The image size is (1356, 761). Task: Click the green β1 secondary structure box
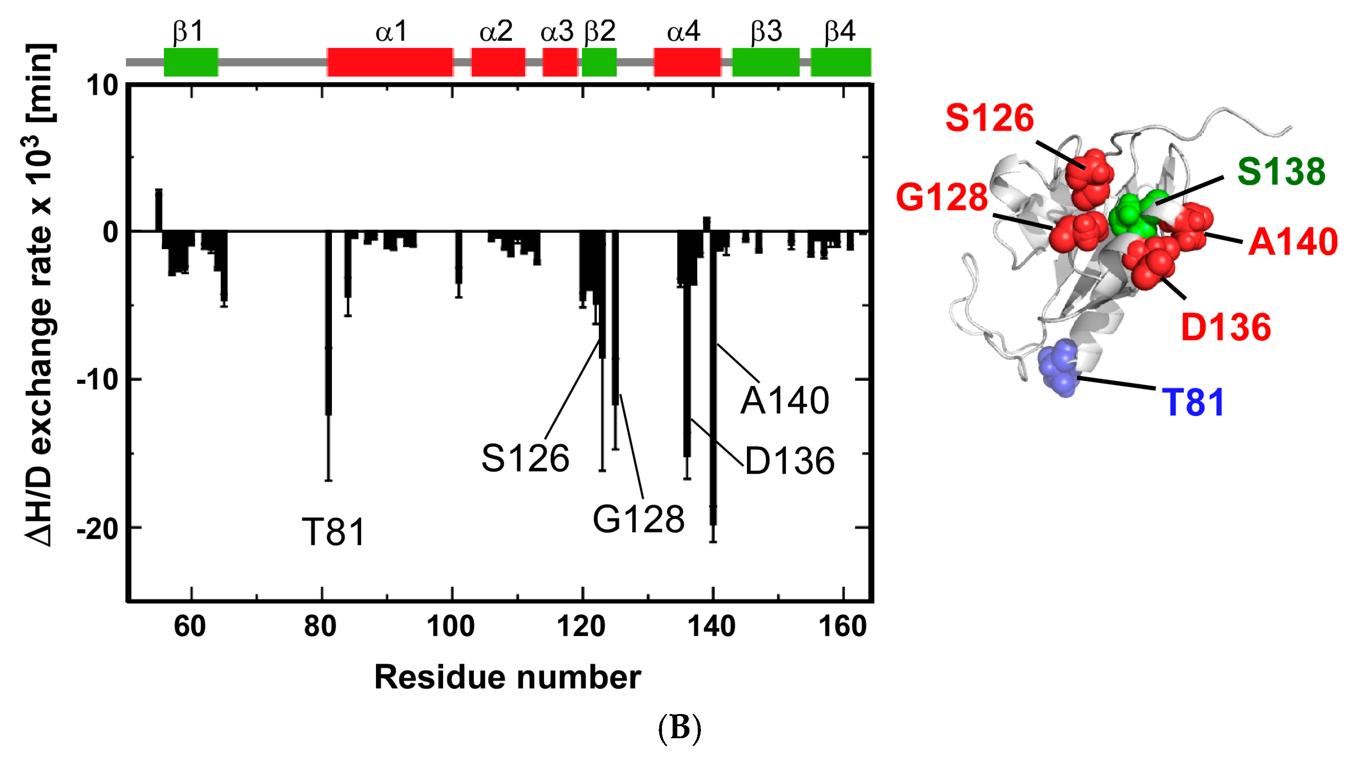(191, 62)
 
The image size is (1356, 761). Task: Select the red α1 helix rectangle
(390, 62)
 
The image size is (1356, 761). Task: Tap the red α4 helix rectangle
(687, 62)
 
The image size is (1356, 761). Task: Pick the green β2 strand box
(599, 62)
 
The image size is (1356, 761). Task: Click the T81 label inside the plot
(333, 532)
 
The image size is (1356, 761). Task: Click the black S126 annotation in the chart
(525, 458)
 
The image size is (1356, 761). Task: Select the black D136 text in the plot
(790, 461)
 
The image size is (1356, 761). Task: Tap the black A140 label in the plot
(784, 401)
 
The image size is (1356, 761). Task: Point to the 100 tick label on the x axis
(450, 626)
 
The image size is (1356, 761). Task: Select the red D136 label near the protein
(1226, 327)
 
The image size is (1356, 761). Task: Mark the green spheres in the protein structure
(1133, 215)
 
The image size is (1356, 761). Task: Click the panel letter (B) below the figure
(680, 728)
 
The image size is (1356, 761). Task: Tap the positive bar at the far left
(159, 210)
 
